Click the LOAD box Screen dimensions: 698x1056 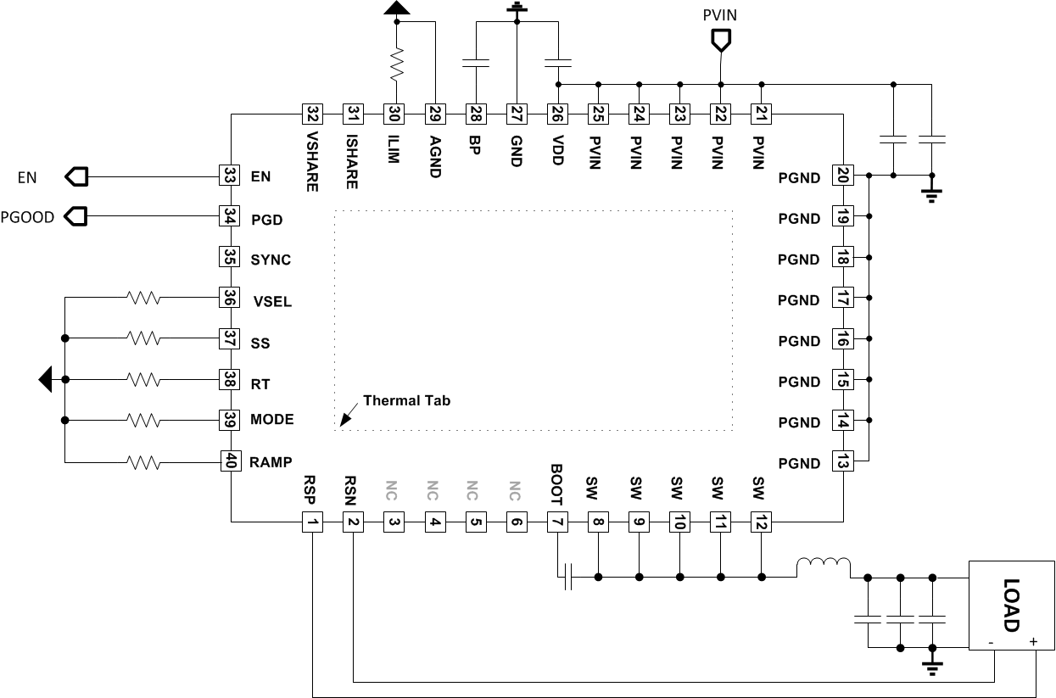click(1009, 606)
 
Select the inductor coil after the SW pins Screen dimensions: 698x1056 click(823, 567)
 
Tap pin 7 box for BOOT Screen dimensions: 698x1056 click(557, 522)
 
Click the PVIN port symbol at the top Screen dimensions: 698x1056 click(720, 39)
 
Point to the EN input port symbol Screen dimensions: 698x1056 click(76, 176)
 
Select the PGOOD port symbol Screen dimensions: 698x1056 click(76, 217)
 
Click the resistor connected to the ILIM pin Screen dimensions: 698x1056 click(394, 64)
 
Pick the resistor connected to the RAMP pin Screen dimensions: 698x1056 click(143, 462)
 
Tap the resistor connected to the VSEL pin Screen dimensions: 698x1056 click(143, 298)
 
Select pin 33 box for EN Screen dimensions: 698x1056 click(228, 176)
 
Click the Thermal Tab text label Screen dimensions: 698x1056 click(406, 400)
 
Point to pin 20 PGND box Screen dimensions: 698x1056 click(842, 176)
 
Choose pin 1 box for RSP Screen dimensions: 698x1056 click(313, 522)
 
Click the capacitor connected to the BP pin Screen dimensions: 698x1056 click(476, 63)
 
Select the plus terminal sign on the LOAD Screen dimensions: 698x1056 click(1033, 642)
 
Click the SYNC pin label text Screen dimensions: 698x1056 click(271, 260)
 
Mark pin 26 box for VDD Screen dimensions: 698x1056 click(557, 113)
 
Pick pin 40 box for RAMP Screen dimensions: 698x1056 click(228, 461)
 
